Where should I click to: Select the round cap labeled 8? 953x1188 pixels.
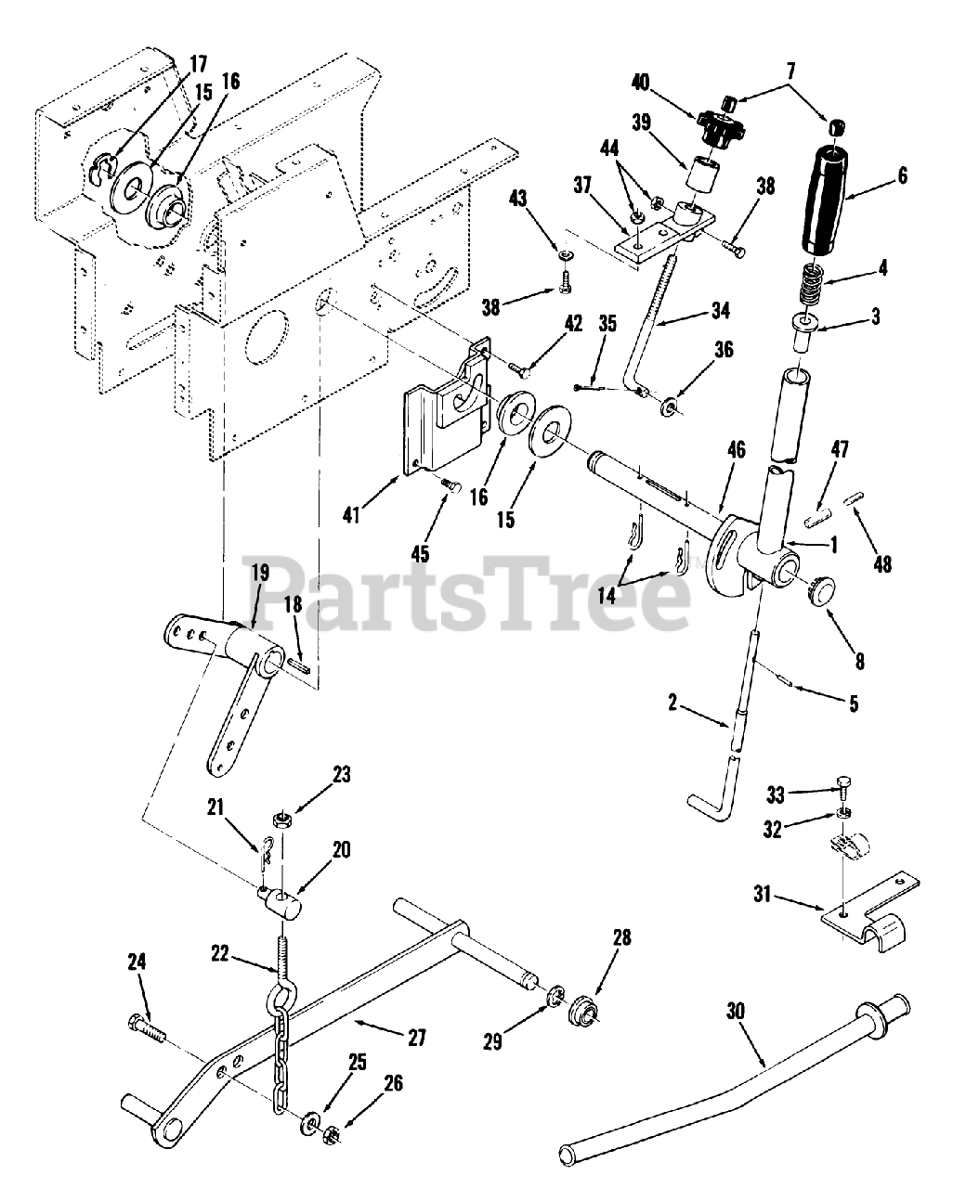point(818,588)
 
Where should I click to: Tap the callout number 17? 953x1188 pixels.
point(196,65)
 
